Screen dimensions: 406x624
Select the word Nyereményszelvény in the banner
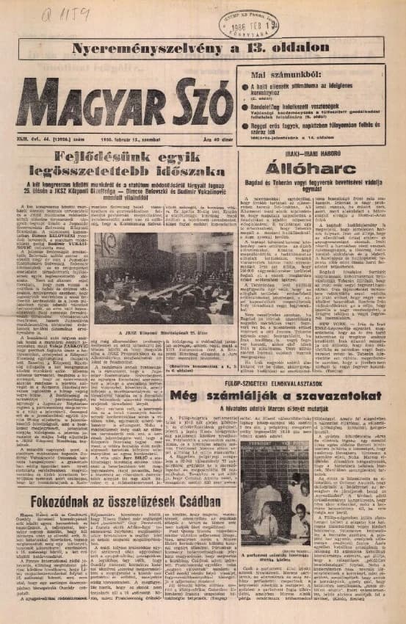[x=154, y=48]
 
